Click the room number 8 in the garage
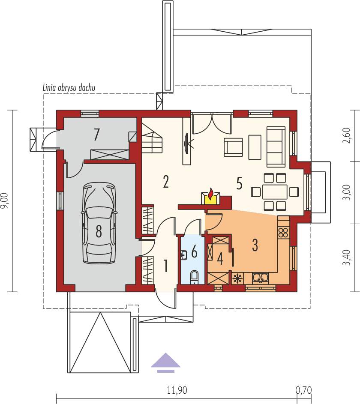(x=99, y=232)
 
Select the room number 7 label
(x=97, y=135)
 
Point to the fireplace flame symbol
(x=210, y=195)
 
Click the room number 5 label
(x=239, y=183)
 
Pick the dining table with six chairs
(x=275, y=192)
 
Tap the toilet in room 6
(x=194, y=276)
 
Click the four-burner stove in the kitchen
(x=283, y=233)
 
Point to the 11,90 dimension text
(x=177, y=390)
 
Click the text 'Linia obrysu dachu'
(x=69, y=87)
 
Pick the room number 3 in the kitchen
(x=255, y=245)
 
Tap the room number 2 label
(x=166, y=182)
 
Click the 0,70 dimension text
(x=303, y=390)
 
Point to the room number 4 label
(x=220, y=258)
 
